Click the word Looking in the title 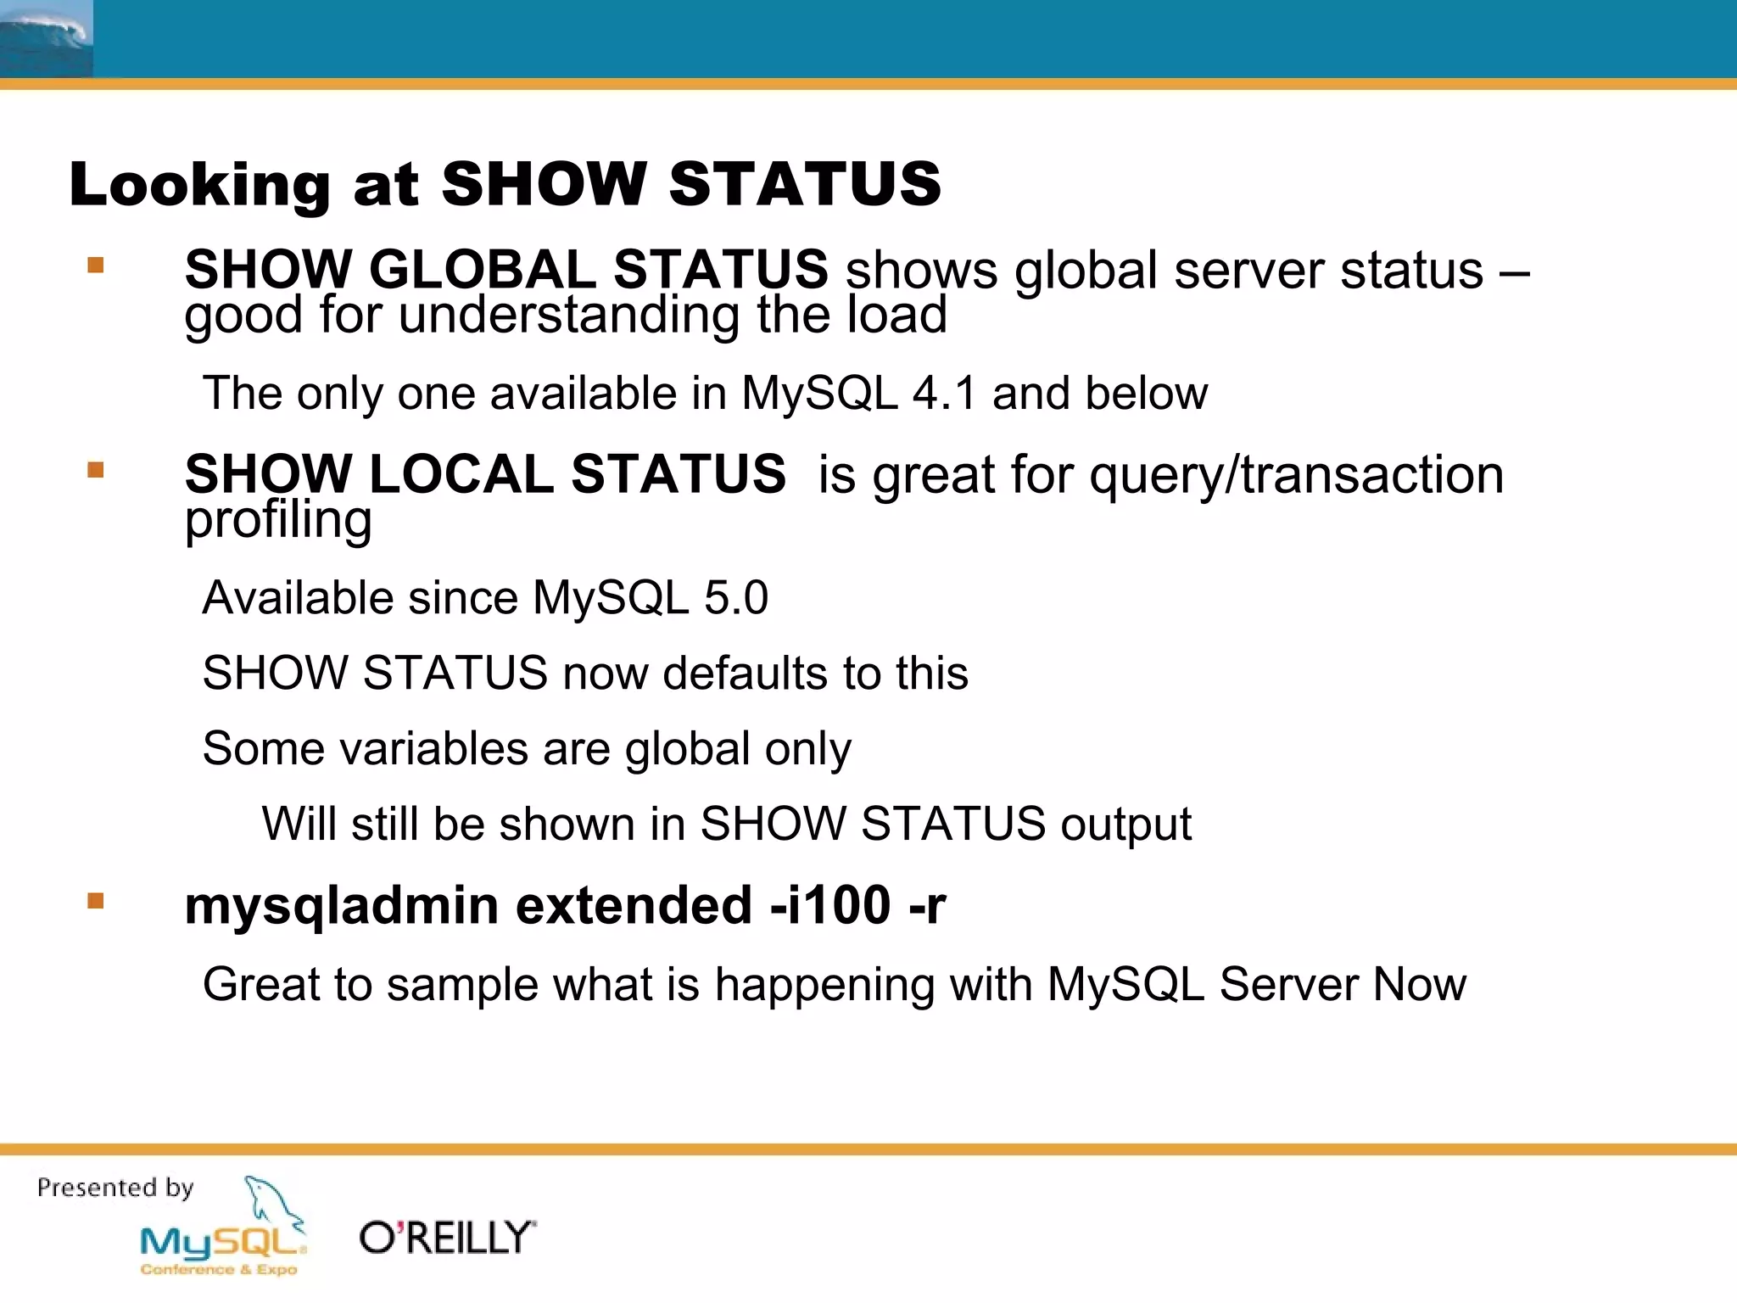(199, 184)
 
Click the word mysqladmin (342, 905)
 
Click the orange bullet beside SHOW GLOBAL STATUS (96, 266)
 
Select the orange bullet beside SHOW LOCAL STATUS (96, 470)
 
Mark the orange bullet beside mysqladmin (96, 901)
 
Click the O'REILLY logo (447, 1239)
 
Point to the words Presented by (115, 1188)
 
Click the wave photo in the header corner (46, 39)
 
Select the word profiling (278, 519)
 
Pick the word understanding (569, 316)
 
